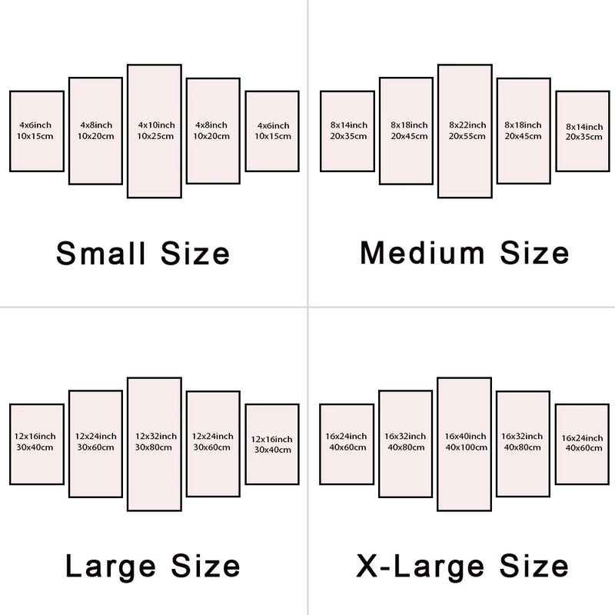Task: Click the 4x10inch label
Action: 156,125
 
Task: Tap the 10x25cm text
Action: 155,136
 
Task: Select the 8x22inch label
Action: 467,125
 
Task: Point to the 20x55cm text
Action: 467,136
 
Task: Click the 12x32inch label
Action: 156,436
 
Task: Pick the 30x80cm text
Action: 153,447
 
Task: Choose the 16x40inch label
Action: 465,436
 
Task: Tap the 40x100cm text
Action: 467,447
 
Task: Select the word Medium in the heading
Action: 422,254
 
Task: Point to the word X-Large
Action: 421,566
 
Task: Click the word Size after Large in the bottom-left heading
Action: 205,566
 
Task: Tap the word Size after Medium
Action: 534,254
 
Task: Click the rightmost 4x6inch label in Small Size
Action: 274,126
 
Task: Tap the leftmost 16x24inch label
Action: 346,436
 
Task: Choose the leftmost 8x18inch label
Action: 409,125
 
